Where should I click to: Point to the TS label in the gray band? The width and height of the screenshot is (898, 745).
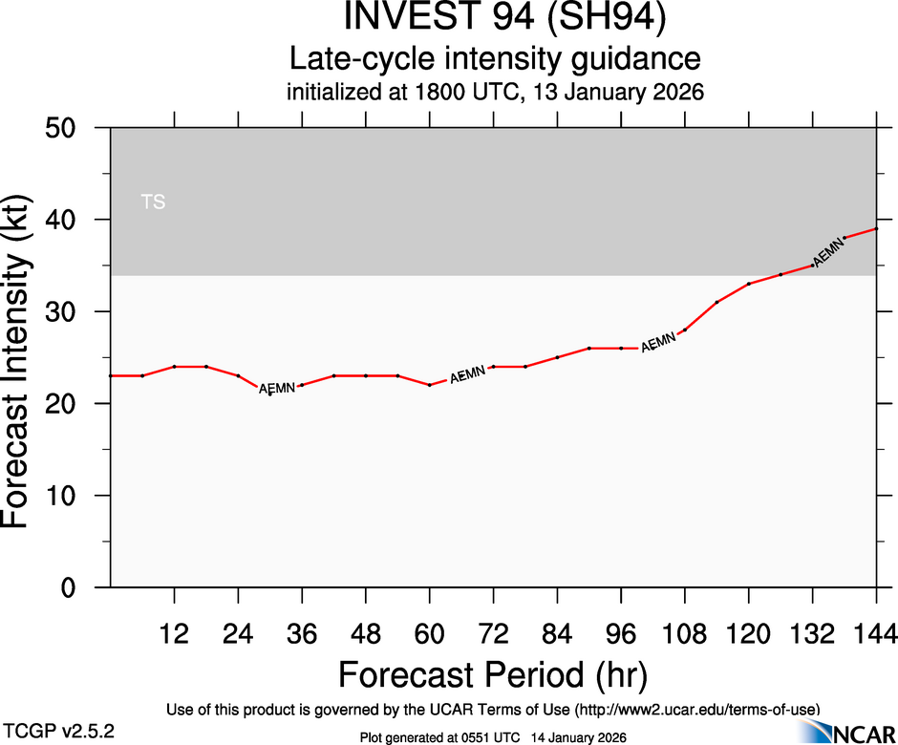click(x=153, y=202)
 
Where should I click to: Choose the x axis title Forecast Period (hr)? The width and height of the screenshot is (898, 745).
click(x=493, y=674)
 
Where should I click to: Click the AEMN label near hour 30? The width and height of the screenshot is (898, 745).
click(x=277, y=388)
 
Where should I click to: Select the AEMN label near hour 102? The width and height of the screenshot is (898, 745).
click(x=658, y=342)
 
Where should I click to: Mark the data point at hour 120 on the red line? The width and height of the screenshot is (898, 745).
click(x=749, y=284)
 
